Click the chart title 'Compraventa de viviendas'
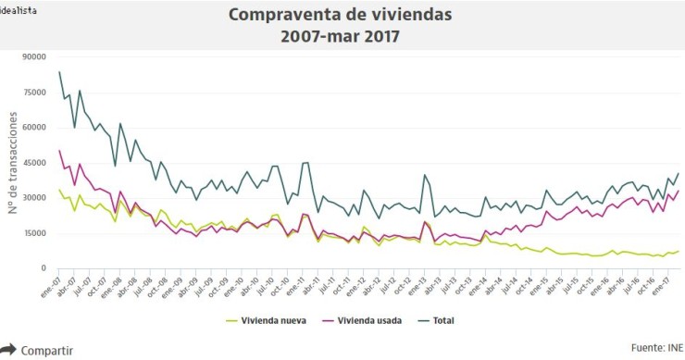[x=341, y=16]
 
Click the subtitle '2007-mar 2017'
[x=341, y=37]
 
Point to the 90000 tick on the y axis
[x=33, y=56]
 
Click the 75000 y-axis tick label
[x=33, y=92]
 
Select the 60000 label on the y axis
[x=33, y=127]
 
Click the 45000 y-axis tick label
[x=33, y=162]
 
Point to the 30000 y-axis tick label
[x=33, y=197]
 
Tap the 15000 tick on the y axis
[x=33, y=232]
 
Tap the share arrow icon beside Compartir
[x=8, y=350]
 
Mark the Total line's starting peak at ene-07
[x=59, y=72]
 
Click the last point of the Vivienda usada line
[x=679, y=192]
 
